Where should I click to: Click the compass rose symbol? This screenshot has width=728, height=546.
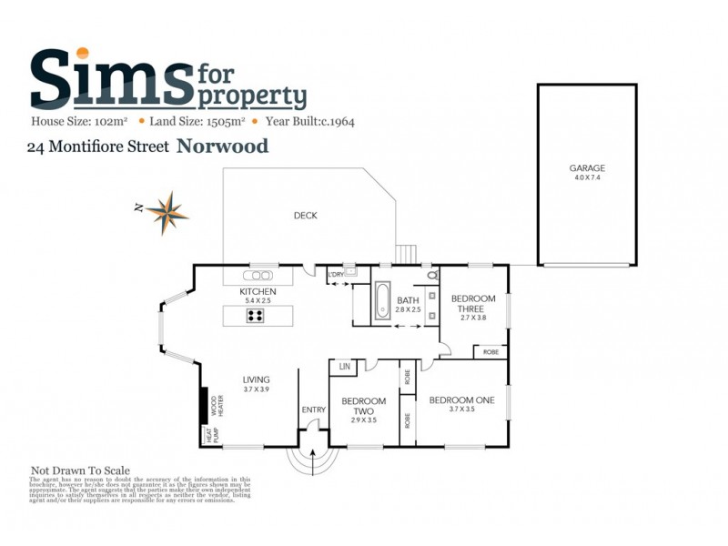[166, 212]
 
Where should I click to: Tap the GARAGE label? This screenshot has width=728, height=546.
[587, 168]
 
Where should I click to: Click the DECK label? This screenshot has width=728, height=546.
[305, 216]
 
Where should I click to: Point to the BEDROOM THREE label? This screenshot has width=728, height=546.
[473, 304]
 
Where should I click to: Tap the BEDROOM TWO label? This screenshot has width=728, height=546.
[364, 406]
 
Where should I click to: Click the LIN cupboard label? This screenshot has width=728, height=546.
[345, 366]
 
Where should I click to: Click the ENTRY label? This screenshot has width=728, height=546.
[313, 410]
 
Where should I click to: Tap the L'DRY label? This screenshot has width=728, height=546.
[335, 274]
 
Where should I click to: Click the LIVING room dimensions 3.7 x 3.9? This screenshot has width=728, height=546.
[256, 389]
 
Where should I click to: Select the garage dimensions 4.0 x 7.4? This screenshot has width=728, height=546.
[587, 178]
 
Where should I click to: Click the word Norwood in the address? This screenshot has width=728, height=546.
[222, 146]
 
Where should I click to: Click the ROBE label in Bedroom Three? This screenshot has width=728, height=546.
[490, 351]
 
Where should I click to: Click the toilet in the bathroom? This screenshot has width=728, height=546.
[431, 274]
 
